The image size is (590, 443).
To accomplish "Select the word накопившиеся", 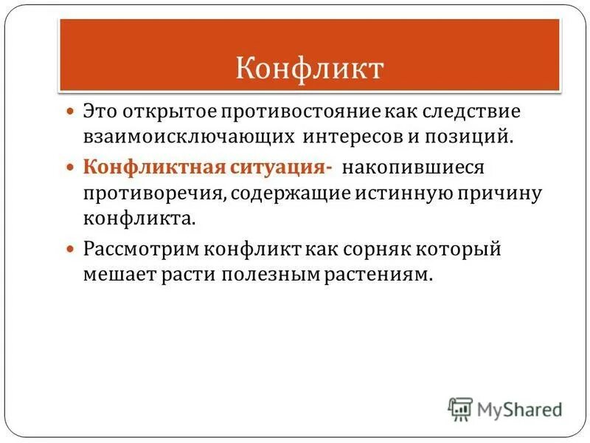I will [412, 168].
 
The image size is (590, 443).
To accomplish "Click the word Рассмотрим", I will [141, 250].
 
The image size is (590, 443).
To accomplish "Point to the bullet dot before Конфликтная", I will [71, 168].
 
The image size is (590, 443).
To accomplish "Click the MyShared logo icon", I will [461, 408].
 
